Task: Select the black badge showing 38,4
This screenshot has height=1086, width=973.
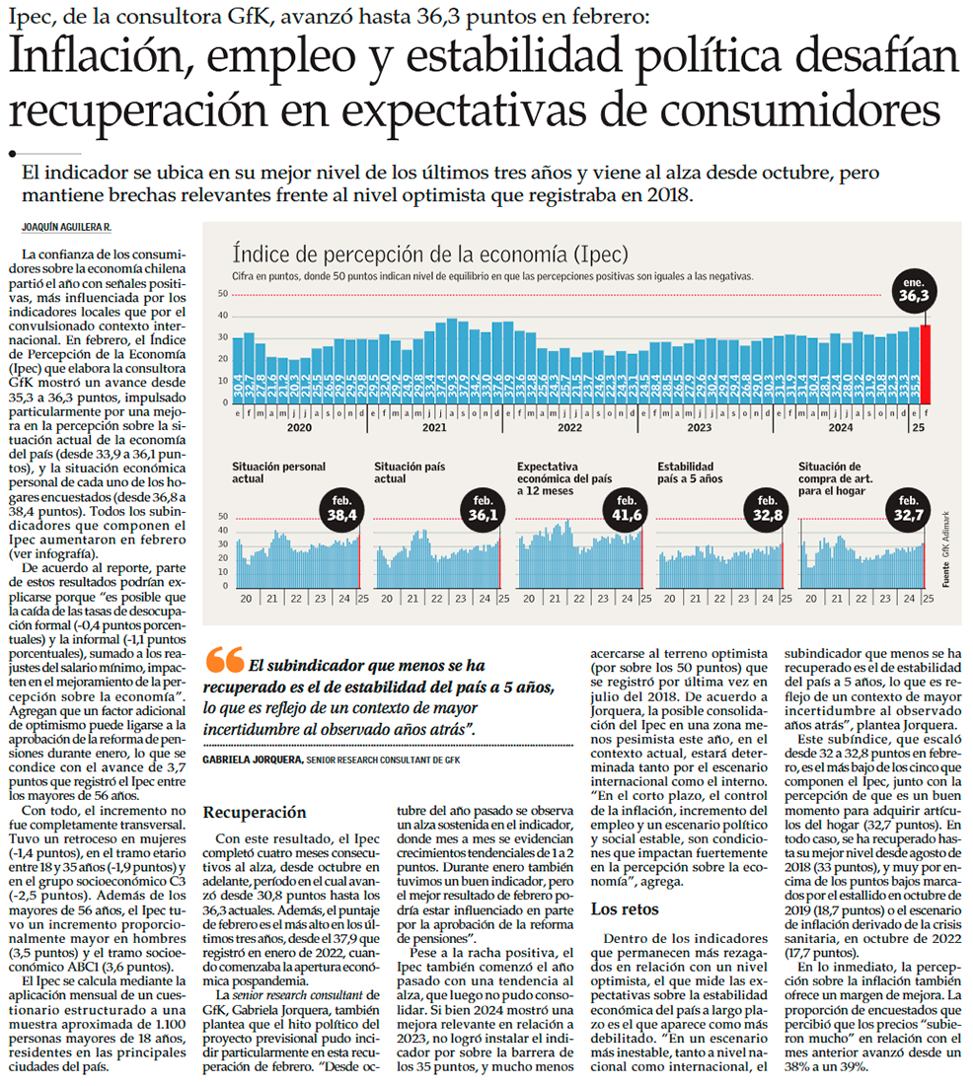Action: [341, 510]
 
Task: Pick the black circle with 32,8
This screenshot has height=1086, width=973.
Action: [766, 510]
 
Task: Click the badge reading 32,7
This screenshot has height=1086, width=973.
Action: [908, 510]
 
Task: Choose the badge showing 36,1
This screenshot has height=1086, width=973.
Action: [484, 510]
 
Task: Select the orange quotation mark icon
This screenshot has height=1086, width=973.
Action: [227, 662]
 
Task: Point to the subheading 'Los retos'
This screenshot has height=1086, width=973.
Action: [624, 908]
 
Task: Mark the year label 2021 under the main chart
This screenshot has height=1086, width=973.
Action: [434, 429]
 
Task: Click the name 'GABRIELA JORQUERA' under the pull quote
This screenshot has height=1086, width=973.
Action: [252, 760]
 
